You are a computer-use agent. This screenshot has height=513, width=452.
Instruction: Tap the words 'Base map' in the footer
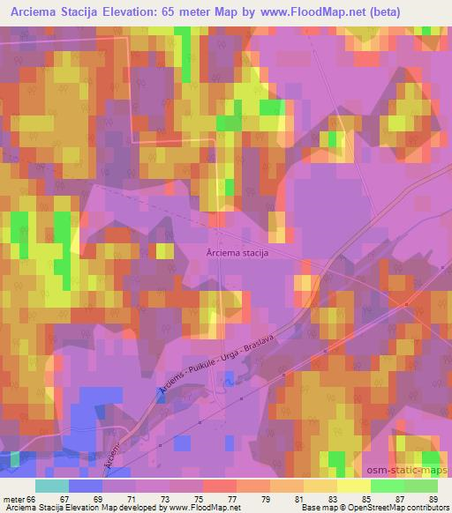point(313,508)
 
